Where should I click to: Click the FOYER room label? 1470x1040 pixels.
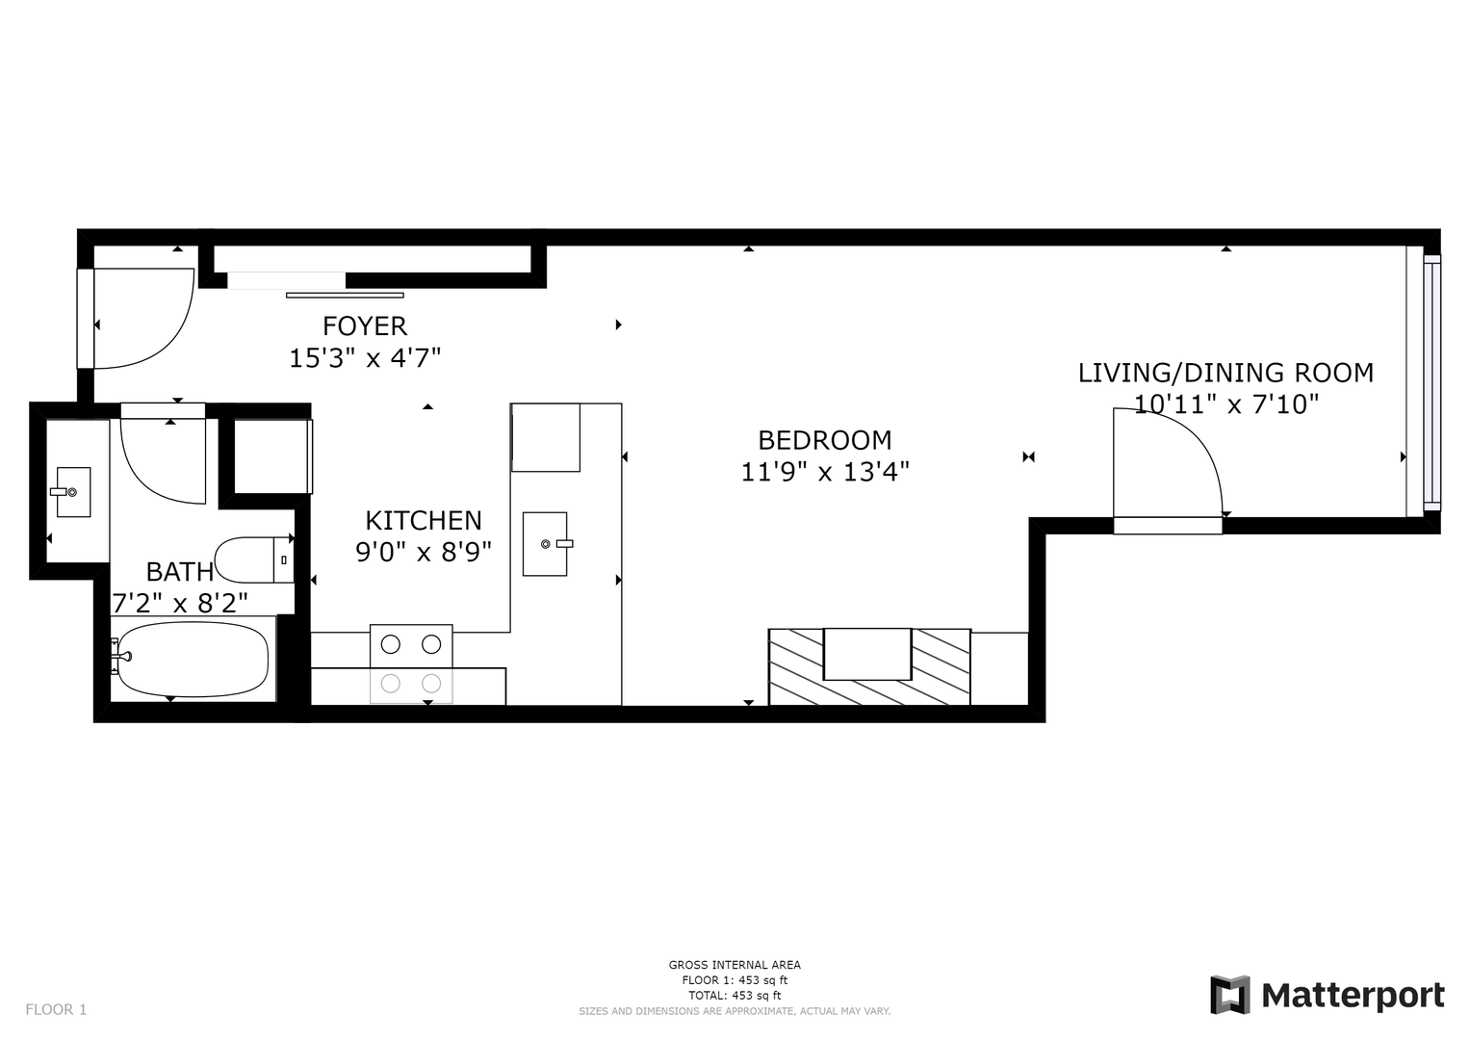(365, 326)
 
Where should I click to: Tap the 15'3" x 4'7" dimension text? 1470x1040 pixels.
(365, 358)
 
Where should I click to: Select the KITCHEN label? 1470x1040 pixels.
(424, 521)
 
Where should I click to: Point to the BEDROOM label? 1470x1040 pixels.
(825, 441)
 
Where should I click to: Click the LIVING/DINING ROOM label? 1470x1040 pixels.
(1225, 373)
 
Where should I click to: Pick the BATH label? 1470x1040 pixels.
(180, 572)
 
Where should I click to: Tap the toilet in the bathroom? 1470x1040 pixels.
(254, 560)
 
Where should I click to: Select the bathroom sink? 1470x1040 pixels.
(72, 492)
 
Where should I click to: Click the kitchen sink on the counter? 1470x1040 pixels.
(546, 544)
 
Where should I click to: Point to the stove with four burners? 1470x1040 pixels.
(411, 663)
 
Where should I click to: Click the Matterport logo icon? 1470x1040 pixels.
(1229, 995)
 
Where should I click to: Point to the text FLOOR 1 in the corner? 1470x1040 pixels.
(57, 1010)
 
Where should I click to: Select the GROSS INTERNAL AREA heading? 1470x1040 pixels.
(735, 965)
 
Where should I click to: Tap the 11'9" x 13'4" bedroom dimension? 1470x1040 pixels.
(825, 472)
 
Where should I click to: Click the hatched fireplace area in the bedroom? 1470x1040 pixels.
(869, 667)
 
